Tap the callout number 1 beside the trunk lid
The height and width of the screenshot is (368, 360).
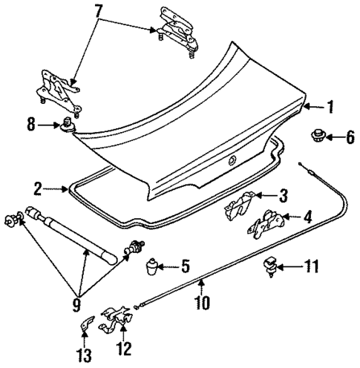coord(330,107)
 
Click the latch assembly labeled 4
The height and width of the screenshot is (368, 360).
coord(266,224)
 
